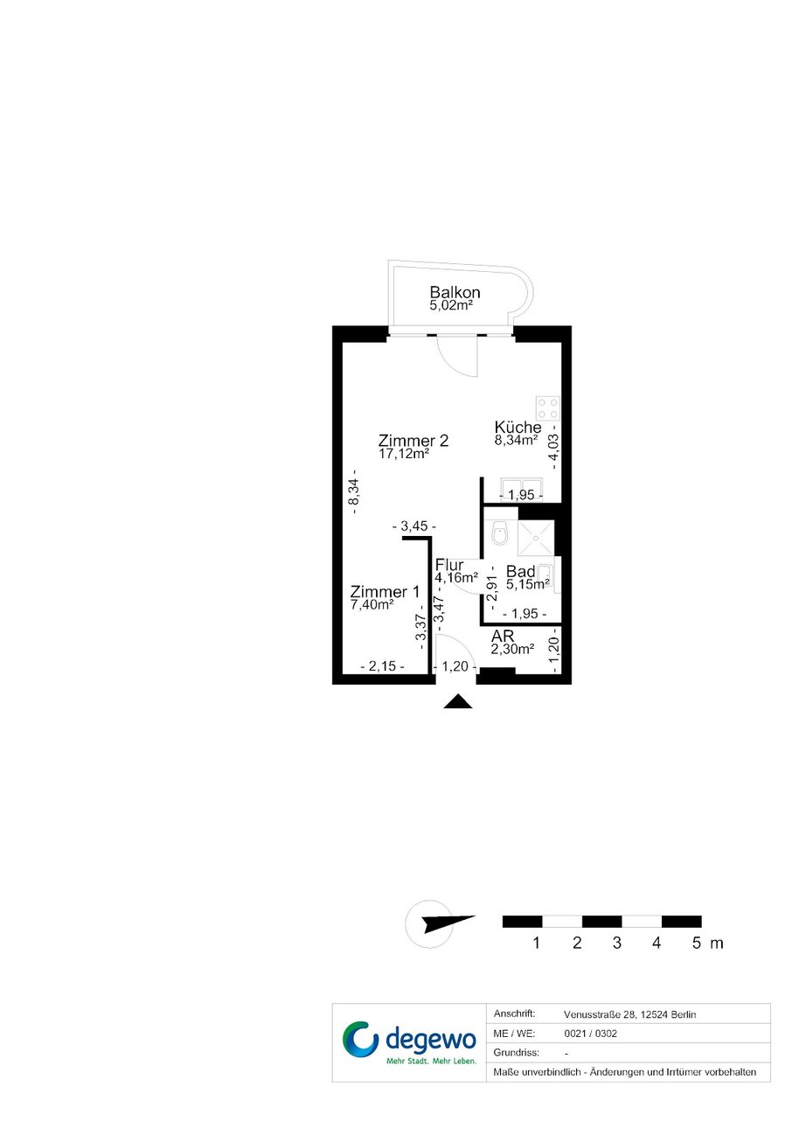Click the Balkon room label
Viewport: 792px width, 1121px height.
455,292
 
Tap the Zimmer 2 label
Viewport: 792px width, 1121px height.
413,441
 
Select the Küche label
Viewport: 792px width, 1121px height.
518,428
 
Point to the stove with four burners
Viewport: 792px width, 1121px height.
548,408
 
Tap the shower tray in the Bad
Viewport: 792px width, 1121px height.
536,538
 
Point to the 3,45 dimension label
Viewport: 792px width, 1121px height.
414,526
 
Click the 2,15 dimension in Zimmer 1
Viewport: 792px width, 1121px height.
383,666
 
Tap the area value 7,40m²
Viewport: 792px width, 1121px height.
372,605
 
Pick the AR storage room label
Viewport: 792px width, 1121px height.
503,636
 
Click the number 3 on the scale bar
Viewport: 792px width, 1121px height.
617,943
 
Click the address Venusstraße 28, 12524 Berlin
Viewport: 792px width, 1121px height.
630,1015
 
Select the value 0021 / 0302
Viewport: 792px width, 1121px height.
590,1034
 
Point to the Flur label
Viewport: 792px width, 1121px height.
449,565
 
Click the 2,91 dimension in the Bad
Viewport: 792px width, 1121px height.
494,588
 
